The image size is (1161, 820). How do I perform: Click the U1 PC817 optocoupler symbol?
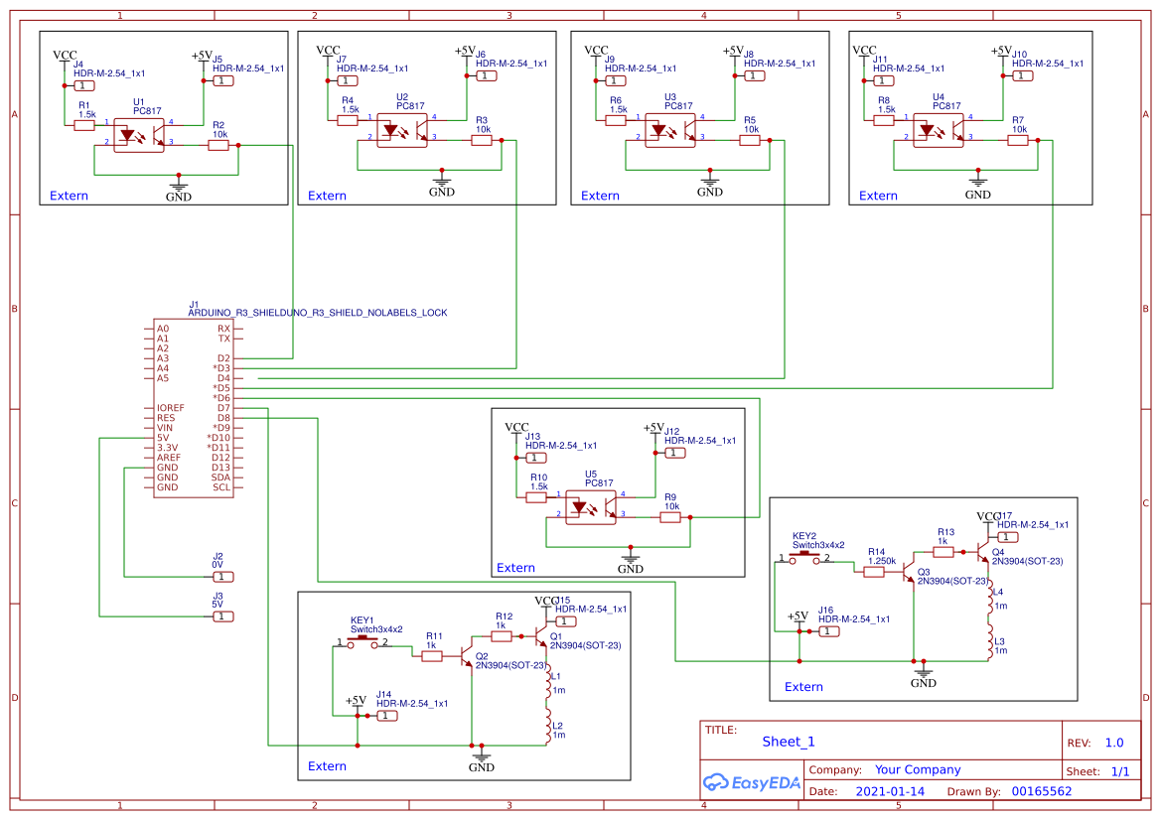pos(139,134)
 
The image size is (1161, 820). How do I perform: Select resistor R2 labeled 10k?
pos(218,145)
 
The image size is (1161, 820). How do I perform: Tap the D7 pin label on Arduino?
pos(223,408)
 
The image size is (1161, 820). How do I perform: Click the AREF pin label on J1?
pos(168,458)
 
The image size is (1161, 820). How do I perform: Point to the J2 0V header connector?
pos(223,577)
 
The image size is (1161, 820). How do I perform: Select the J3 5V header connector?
pos(223,616)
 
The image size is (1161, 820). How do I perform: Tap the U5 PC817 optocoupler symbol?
pos(590,505)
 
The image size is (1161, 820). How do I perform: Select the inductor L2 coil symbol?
pos(548,728)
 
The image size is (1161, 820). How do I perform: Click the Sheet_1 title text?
pos(789,742)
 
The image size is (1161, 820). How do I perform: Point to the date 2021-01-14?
pos(889,791)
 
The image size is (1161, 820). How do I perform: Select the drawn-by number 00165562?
pos(1041,791)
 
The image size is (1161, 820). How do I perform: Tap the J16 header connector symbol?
pos(828,632)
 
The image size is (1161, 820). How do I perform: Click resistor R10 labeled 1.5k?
pos(536,497)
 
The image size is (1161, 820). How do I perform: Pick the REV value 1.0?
pos(1114,743)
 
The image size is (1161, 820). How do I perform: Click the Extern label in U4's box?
pos(878,196)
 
